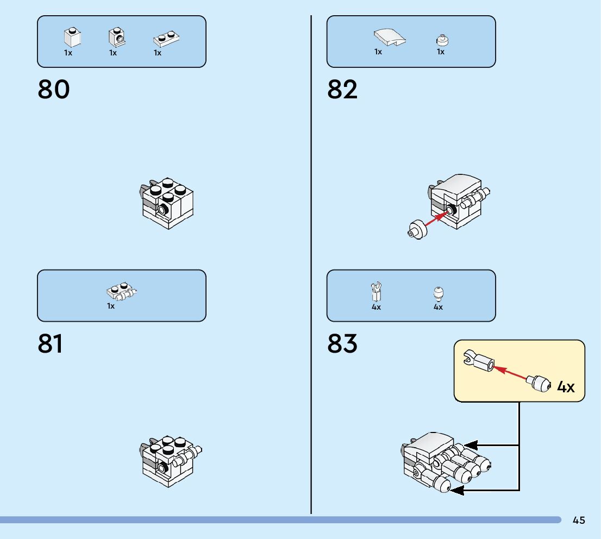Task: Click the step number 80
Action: [x=54, y=90]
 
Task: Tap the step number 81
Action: [x=51, y=344]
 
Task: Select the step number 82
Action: [x=342, y=90]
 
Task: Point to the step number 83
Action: [x=342, y=344]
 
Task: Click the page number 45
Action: [x=579, y=521]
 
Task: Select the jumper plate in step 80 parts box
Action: [x=166, y=39]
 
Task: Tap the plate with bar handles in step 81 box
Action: [x=121, y=292]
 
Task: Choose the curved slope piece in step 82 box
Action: [x=389, y=38]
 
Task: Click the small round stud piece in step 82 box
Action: [x=442, y=40]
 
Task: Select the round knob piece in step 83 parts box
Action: [x=439, y=293]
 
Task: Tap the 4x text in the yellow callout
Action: [x=566, y=387]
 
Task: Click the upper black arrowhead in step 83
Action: [x=470, y=445]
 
